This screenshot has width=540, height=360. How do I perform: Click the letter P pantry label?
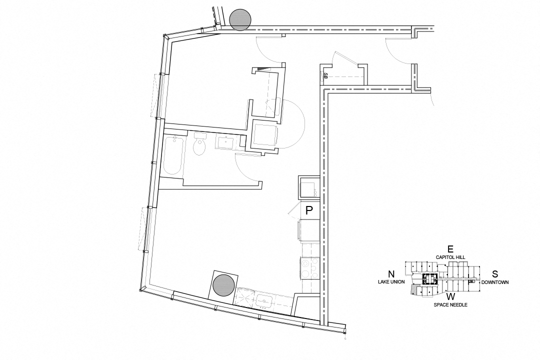click(309, 210)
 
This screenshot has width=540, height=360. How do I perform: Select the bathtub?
click(172, 155)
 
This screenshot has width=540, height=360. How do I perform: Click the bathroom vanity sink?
click(227, 143)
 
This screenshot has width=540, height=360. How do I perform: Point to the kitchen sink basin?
click(263, 301)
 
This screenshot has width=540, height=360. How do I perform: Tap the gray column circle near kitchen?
click(222, 285)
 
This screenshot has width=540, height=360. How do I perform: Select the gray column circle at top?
click(240, 20)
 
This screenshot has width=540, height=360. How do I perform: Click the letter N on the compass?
click(391, 274)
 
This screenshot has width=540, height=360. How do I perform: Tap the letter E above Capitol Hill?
click(450, 249)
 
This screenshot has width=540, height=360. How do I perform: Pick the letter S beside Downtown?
click(494, 274)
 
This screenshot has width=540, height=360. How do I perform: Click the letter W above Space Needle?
click(450, 296)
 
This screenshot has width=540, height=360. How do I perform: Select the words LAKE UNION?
click(391, 282)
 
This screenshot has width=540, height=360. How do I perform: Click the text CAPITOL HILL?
click(450, 257)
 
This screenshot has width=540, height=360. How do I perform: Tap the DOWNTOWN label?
click(495, 282)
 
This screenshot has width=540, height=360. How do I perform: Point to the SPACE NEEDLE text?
click(450, 304)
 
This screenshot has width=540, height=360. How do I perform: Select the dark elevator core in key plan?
click(429, 279)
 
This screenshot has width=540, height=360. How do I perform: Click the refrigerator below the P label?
click(309, 230)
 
